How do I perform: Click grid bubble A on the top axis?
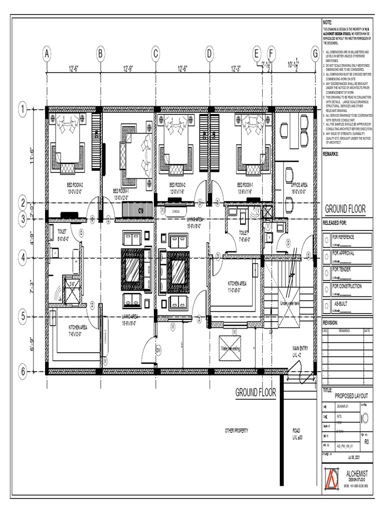click(x=47, y=53)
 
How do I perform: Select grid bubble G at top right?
click(x=315, y=53)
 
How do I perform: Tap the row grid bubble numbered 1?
click(x=23, y=110)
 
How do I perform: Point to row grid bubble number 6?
click(x=23, y=372)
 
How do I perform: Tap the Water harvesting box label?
click(x=230, y=347)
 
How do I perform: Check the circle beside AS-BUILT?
click(x=327, y=306)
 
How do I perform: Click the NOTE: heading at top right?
click(x=327, y=23)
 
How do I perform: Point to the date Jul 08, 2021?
click(x=353, y=457)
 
